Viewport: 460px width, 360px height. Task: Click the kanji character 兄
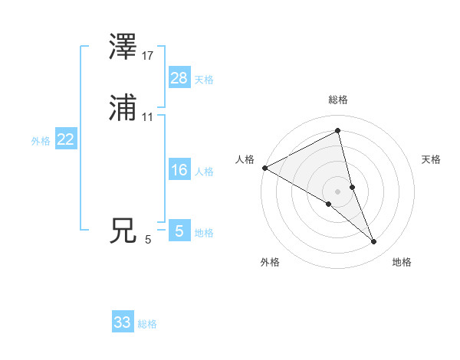(x=123, y=231)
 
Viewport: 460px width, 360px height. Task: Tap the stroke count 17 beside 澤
(x=148, y=56)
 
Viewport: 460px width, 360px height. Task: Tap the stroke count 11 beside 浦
(x=148, y=117)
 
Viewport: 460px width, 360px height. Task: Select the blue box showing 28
(x=179, y=77)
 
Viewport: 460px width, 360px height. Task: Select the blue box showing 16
(x=179, y=170)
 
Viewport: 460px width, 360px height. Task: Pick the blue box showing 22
(x=66, y=139)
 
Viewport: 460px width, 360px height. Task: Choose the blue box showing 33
(x=123, y=322)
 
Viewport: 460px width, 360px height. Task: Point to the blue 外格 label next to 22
(x=41, y=141)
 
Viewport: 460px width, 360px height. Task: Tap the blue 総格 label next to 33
(x=147, y=324)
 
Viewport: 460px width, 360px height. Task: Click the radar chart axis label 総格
(x=338, y=100)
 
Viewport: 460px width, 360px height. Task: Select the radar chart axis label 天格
(x=432, y=159)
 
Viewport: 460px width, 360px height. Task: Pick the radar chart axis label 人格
(x=245, y=159)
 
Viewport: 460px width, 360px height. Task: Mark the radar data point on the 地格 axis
(x=374, y=242)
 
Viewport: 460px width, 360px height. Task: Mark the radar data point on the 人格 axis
(x=264, y=168)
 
